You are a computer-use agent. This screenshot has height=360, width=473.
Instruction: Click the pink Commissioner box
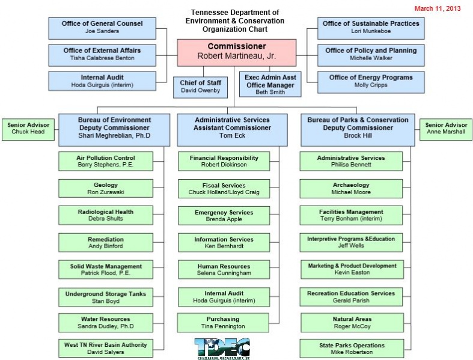click(x=236, y=52)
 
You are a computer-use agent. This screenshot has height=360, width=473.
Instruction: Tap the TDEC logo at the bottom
click(x=222, y=348)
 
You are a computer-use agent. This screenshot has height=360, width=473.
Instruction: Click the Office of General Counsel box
click(x=102, y=27)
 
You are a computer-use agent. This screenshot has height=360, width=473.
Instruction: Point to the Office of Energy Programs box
click(x=370, y=81)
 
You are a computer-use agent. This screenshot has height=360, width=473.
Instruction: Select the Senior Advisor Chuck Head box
click(x=28, y=128)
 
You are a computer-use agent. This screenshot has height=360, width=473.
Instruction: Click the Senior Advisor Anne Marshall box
click(x=445, y=128)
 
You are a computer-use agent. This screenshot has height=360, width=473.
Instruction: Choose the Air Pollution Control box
click(x=106, y=162)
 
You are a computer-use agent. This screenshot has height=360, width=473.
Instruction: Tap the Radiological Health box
click(x=106, y=216)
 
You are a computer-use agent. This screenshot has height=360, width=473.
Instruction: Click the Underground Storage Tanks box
click(x=106, y=297)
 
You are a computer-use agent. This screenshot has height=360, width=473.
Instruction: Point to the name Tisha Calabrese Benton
click(x=102, y=58)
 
